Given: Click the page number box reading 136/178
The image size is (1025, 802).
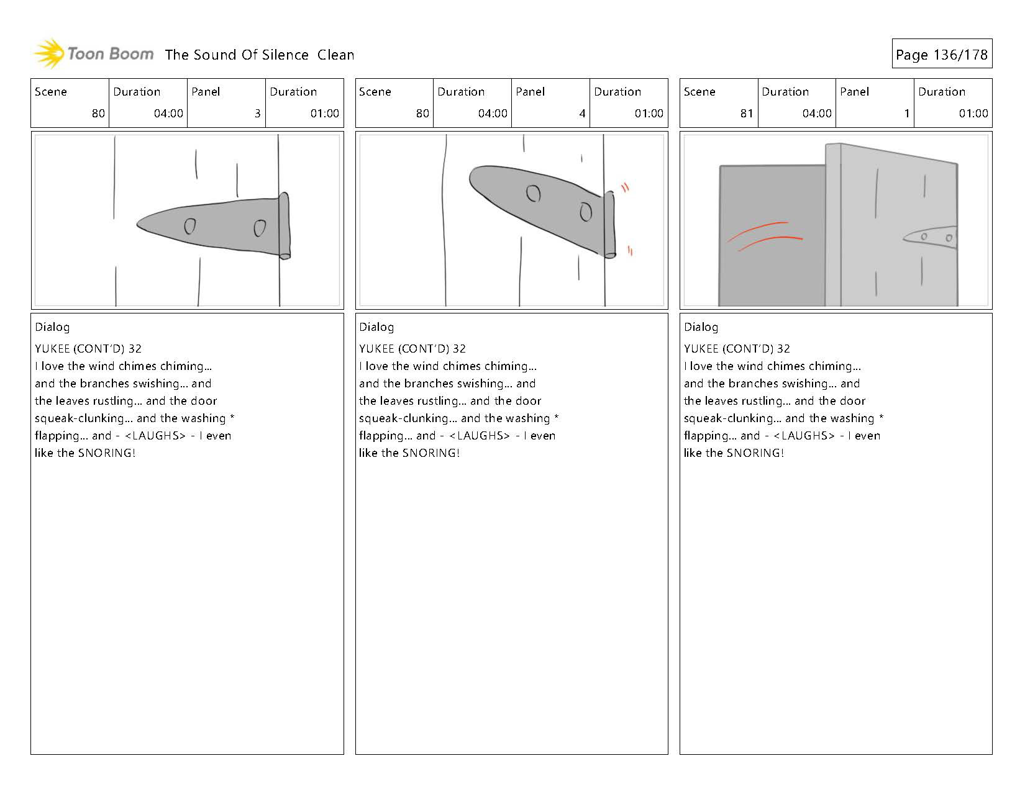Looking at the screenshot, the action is coord(941,55).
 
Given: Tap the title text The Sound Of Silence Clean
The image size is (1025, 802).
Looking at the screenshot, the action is coord(259,55).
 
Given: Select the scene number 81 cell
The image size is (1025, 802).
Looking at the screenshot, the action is coord(746,114).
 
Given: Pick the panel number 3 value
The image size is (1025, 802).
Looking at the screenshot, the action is coord(257,114).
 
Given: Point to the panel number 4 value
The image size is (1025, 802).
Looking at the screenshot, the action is coord(582,114).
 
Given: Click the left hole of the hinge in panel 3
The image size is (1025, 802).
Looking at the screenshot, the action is coord(190,227).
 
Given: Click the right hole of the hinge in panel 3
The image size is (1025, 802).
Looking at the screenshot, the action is coord(260,229).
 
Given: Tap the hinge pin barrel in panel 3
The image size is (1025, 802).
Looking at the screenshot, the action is coord(285,225).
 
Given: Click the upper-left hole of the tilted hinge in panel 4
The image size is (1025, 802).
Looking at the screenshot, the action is coord(533,194).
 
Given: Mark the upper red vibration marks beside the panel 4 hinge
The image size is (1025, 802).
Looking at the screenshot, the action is coord(625,187).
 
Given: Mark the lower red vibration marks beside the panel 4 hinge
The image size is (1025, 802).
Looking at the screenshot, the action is coord(630,251).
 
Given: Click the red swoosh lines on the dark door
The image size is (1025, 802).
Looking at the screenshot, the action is coord(764,236).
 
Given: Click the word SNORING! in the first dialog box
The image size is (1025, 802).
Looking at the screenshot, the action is coord(106,453).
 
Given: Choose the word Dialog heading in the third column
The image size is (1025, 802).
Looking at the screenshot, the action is coord(701,327).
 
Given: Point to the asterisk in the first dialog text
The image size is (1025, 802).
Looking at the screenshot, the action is coord(232,418).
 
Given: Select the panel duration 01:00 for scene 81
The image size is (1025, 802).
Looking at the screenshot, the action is coord(973,114).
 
